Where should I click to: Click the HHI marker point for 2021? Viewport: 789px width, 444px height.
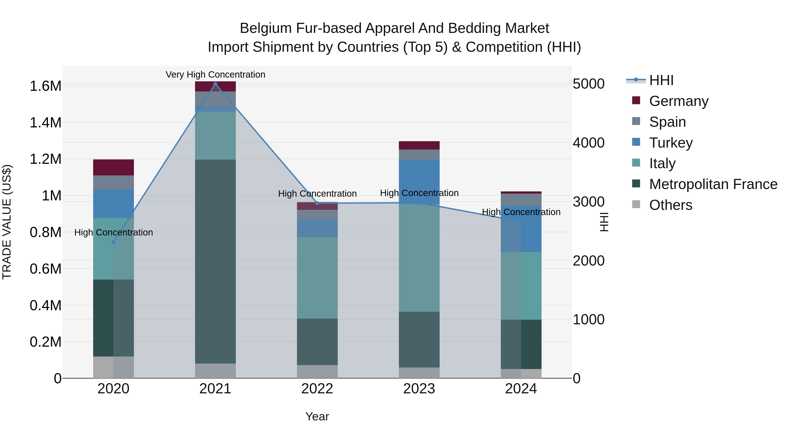(x=215, y=84)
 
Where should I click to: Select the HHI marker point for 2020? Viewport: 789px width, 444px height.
(x=113, y=242)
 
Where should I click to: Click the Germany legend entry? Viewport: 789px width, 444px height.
(x=678, y=101)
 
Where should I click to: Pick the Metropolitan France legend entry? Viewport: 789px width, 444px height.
(x=713, y=184)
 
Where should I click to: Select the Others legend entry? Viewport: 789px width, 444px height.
(x=670, y=205)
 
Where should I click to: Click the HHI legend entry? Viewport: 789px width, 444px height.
(x=661, y=80)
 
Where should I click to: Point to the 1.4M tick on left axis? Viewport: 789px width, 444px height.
(x=45, y=123)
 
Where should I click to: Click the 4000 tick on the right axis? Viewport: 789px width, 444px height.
(x=588, y=143)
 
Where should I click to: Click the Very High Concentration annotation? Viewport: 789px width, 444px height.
(x=215, y=75)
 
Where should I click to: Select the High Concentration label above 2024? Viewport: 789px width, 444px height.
(x=521, y=212)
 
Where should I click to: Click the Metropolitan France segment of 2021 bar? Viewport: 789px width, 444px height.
(x=215, y=260)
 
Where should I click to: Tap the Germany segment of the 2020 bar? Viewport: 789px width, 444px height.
(x=113, y=167)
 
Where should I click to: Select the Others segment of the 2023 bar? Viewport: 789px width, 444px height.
(x=419, y=373)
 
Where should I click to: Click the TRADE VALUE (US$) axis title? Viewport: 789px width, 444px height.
(x=7, y=222)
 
